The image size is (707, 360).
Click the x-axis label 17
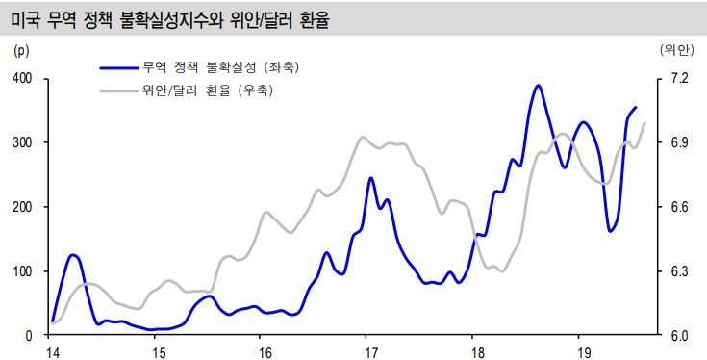tap(366, 351)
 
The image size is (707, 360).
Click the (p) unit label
tap(22, 50)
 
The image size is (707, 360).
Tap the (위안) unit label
tap(677, 50)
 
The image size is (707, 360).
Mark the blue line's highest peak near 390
tap(538, 86)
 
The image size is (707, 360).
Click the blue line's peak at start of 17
tap(371, 178)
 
